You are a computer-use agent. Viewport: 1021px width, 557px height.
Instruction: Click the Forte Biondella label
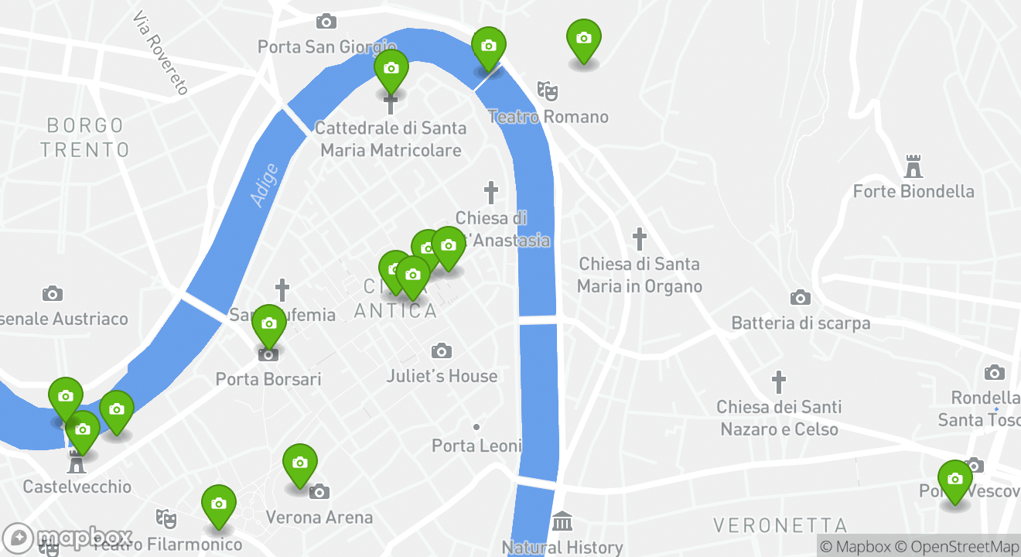[913, 191]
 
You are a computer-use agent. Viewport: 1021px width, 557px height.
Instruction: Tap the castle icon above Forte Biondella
[913, 166]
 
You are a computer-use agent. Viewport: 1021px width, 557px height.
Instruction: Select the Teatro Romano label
[548, 117]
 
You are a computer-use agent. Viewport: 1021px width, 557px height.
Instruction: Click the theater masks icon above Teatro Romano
[548, 91]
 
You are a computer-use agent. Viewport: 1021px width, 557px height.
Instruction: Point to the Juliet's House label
[442, 376]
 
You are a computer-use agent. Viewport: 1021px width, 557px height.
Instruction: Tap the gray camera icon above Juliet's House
[442, 351]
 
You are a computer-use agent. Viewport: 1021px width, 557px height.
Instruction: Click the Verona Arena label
[319, 517]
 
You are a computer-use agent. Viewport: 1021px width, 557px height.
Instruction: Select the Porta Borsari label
[268, 379]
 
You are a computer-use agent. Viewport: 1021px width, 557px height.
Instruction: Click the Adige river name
[264, 185]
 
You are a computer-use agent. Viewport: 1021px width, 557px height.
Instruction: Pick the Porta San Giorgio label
[327, 47]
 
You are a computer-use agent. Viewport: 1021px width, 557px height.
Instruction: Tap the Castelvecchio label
[77, 487]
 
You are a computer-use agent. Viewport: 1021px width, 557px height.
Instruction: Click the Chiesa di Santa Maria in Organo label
[639, 275]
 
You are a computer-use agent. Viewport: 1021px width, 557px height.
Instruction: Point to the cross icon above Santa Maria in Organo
[639, 238]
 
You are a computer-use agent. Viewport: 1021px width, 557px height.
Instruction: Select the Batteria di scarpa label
[801, 323]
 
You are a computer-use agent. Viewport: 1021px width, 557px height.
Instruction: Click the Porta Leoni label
[476, 446]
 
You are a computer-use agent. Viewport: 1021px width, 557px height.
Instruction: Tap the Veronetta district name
[780, 526]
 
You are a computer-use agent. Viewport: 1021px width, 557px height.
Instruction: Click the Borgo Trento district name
[85, 137]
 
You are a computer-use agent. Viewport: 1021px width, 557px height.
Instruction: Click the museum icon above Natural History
[562, 521]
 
